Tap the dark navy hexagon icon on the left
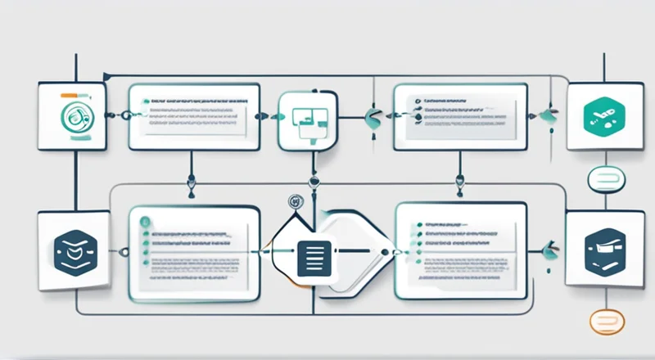click(x=72, y=247)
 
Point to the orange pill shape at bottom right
click(x=607, y=322)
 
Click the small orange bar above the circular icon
click(x=74, y=97)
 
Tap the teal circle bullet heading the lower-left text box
click(x=146, y=221)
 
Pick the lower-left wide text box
click(x=194, y=249)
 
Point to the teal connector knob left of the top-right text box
click(x=373, y=115)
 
